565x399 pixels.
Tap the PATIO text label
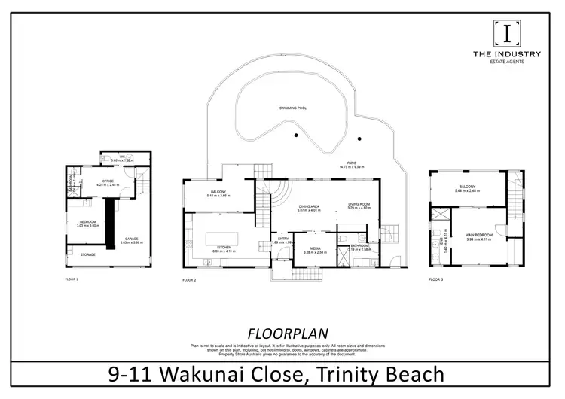click(351, 162)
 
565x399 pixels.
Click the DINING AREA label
click(310, 206)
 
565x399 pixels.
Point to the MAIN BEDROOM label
click(476, 236)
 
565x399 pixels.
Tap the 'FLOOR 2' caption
click(189, 279)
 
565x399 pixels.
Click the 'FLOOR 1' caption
click(72, 279)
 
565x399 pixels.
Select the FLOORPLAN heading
click(282, 333)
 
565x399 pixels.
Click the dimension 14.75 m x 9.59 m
click(351, 166)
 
